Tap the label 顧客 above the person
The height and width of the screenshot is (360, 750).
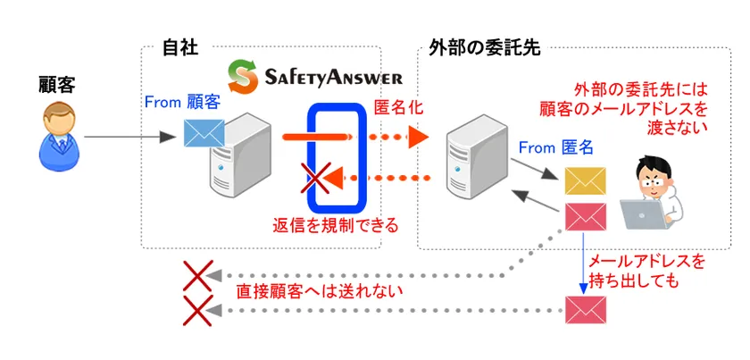click(x=57, y=86)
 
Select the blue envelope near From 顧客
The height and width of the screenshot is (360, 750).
click(x=204, y=132)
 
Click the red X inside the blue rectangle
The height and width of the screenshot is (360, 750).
click(x=315, y=179)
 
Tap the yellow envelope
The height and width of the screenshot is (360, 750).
click(x=585, y=180)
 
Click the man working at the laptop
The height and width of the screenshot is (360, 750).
click(x=653, y=193)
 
